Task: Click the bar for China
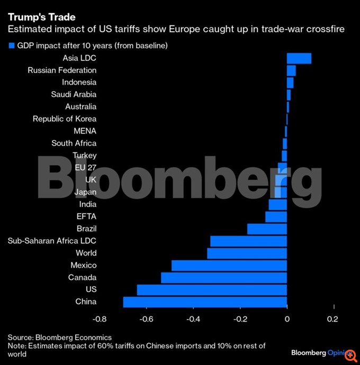tap(205, 302)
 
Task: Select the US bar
tap(212, 290)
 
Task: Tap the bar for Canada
tap(224, 278)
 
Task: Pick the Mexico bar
tap(229, 266)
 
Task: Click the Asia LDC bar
tap(299, 58)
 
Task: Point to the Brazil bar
tap(267, 229)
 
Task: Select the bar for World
tap(247, 253)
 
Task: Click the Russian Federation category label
tap(62, 70)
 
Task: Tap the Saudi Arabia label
tap(74, 95)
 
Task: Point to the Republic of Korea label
tap(65, 119)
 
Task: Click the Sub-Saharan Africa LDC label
tap(52, 241)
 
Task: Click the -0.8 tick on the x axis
tap(99, 319)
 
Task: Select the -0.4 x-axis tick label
tap(193, 319)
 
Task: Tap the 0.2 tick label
tap(332, 319)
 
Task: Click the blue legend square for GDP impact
tap(11, 46)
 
